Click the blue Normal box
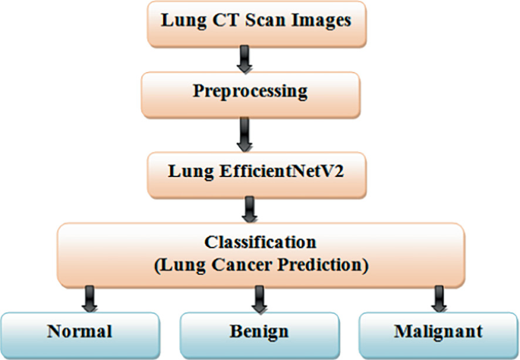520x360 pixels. coord(80,332)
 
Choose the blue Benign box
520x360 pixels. coord(258,332)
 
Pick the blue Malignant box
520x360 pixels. coord(437,332)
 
